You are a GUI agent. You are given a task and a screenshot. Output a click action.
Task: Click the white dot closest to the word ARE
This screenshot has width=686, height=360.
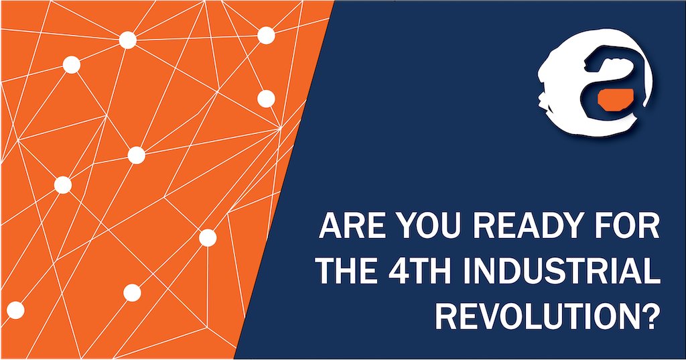pos(208,237)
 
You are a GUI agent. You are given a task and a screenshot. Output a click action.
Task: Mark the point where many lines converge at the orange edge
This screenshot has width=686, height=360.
pos(279,127)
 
